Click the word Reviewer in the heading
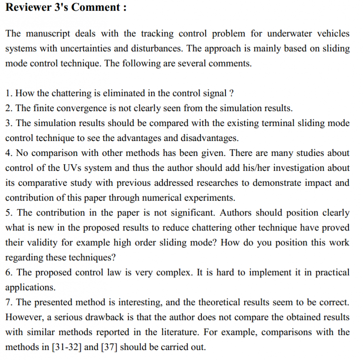[x=27, y=8]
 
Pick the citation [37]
[x=108, y=347]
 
